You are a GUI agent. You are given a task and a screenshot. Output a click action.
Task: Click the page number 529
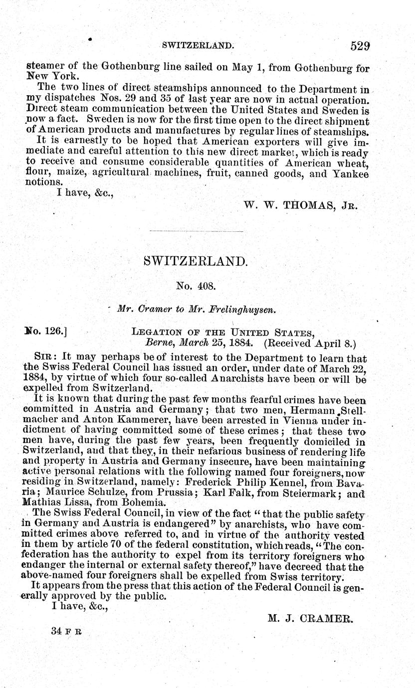pos(360,46)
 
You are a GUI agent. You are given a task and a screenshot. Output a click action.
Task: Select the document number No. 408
pos(196,286)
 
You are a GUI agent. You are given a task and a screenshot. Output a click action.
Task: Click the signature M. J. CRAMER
pos(310,618)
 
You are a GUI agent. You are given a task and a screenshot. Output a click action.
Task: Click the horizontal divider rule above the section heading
pos(196,231)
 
